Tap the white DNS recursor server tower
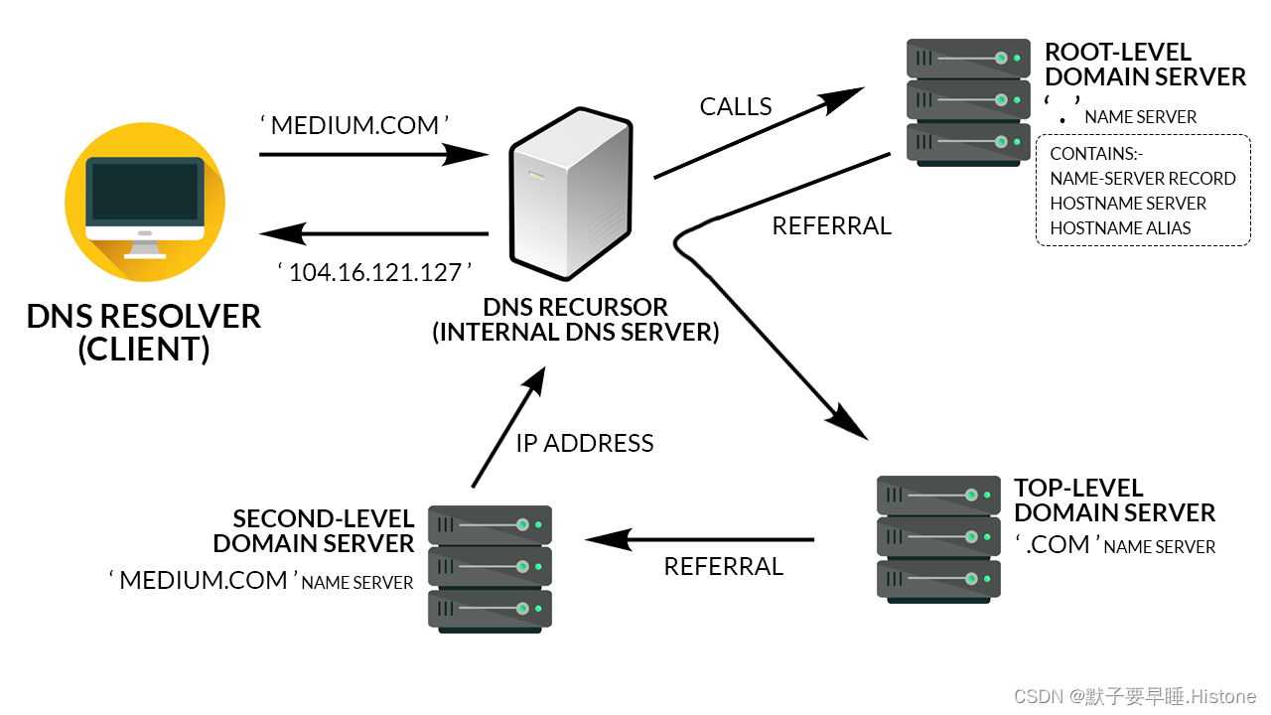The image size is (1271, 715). (570, 195)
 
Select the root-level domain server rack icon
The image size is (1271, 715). (968, 101)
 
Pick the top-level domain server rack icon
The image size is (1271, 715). (938, 538)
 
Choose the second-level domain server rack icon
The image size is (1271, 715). (490, 568)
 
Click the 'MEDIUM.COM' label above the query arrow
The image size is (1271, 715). (354, 125)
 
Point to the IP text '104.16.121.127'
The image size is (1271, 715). (373, 272)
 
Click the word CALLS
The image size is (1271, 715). (736, 107)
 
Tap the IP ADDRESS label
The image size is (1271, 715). (585, 443)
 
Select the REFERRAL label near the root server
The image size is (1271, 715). (832, 226)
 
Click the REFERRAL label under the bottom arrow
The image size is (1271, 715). (723, 566)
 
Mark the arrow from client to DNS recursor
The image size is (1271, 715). (373, 154)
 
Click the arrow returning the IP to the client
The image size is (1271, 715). (373, 234)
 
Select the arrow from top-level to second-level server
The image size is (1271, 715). (699, 540)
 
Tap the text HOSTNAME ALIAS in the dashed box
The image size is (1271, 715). (1120, 227)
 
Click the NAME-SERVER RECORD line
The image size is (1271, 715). (1142, 179)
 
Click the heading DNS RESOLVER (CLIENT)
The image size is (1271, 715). (144, 333)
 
